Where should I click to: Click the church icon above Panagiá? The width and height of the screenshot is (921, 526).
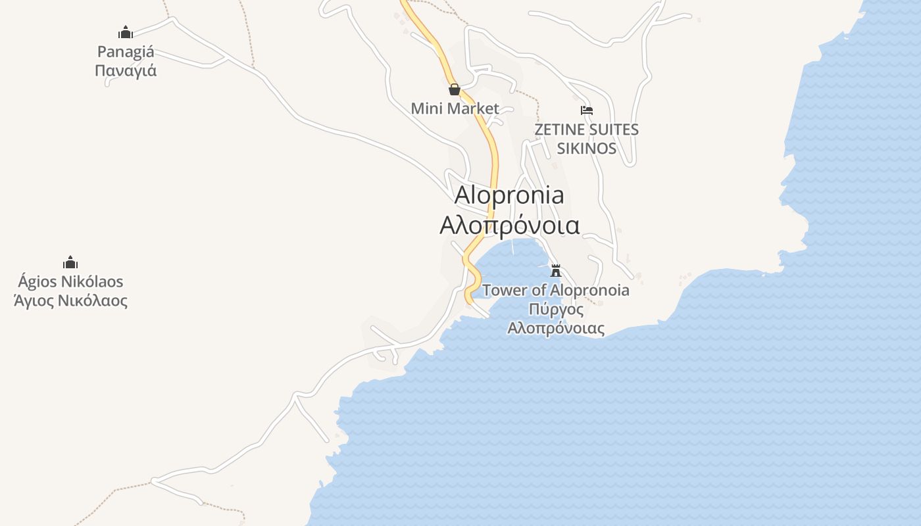126,32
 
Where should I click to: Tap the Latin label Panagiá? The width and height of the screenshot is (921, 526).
126,51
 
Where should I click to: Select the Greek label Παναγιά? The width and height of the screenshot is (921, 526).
126,70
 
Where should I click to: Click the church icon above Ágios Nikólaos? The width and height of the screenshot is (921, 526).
70,263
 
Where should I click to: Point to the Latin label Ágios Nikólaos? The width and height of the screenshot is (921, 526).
70,281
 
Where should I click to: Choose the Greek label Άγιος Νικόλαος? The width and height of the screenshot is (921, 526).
70,301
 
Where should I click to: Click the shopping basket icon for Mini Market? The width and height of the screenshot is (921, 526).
454,89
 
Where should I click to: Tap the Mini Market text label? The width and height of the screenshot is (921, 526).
455,108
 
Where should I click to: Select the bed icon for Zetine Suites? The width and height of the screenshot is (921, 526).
587,110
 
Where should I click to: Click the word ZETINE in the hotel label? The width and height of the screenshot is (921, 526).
557,130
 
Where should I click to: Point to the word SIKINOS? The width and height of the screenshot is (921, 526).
587,148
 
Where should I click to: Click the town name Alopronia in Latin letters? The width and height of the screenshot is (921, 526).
509,195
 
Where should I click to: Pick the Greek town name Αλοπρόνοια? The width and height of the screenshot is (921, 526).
509,225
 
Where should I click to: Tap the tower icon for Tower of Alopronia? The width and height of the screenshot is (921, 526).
556,270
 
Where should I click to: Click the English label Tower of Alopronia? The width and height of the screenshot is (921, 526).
556,290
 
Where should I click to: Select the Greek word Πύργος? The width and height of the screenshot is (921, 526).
556,309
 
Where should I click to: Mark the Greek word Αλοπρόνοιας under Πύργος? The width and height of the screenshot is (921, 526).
556,327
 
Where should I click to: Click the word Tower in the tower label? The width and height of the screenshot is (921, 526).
505,290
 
